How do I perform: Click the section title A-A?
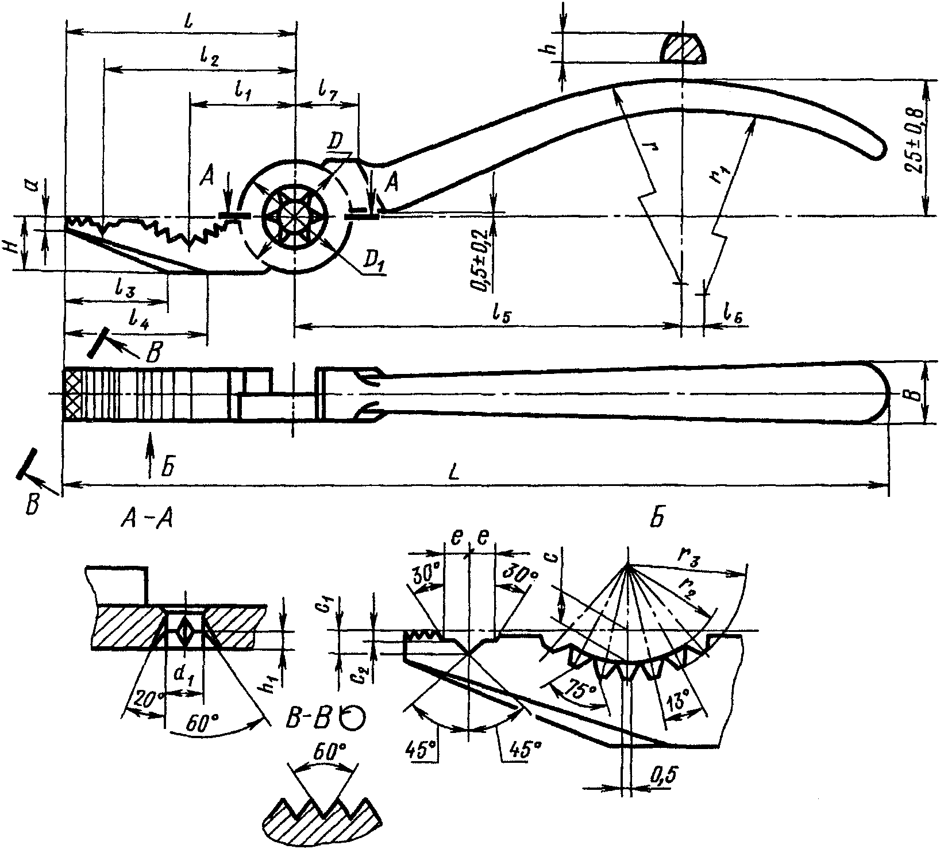point(147,520)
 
